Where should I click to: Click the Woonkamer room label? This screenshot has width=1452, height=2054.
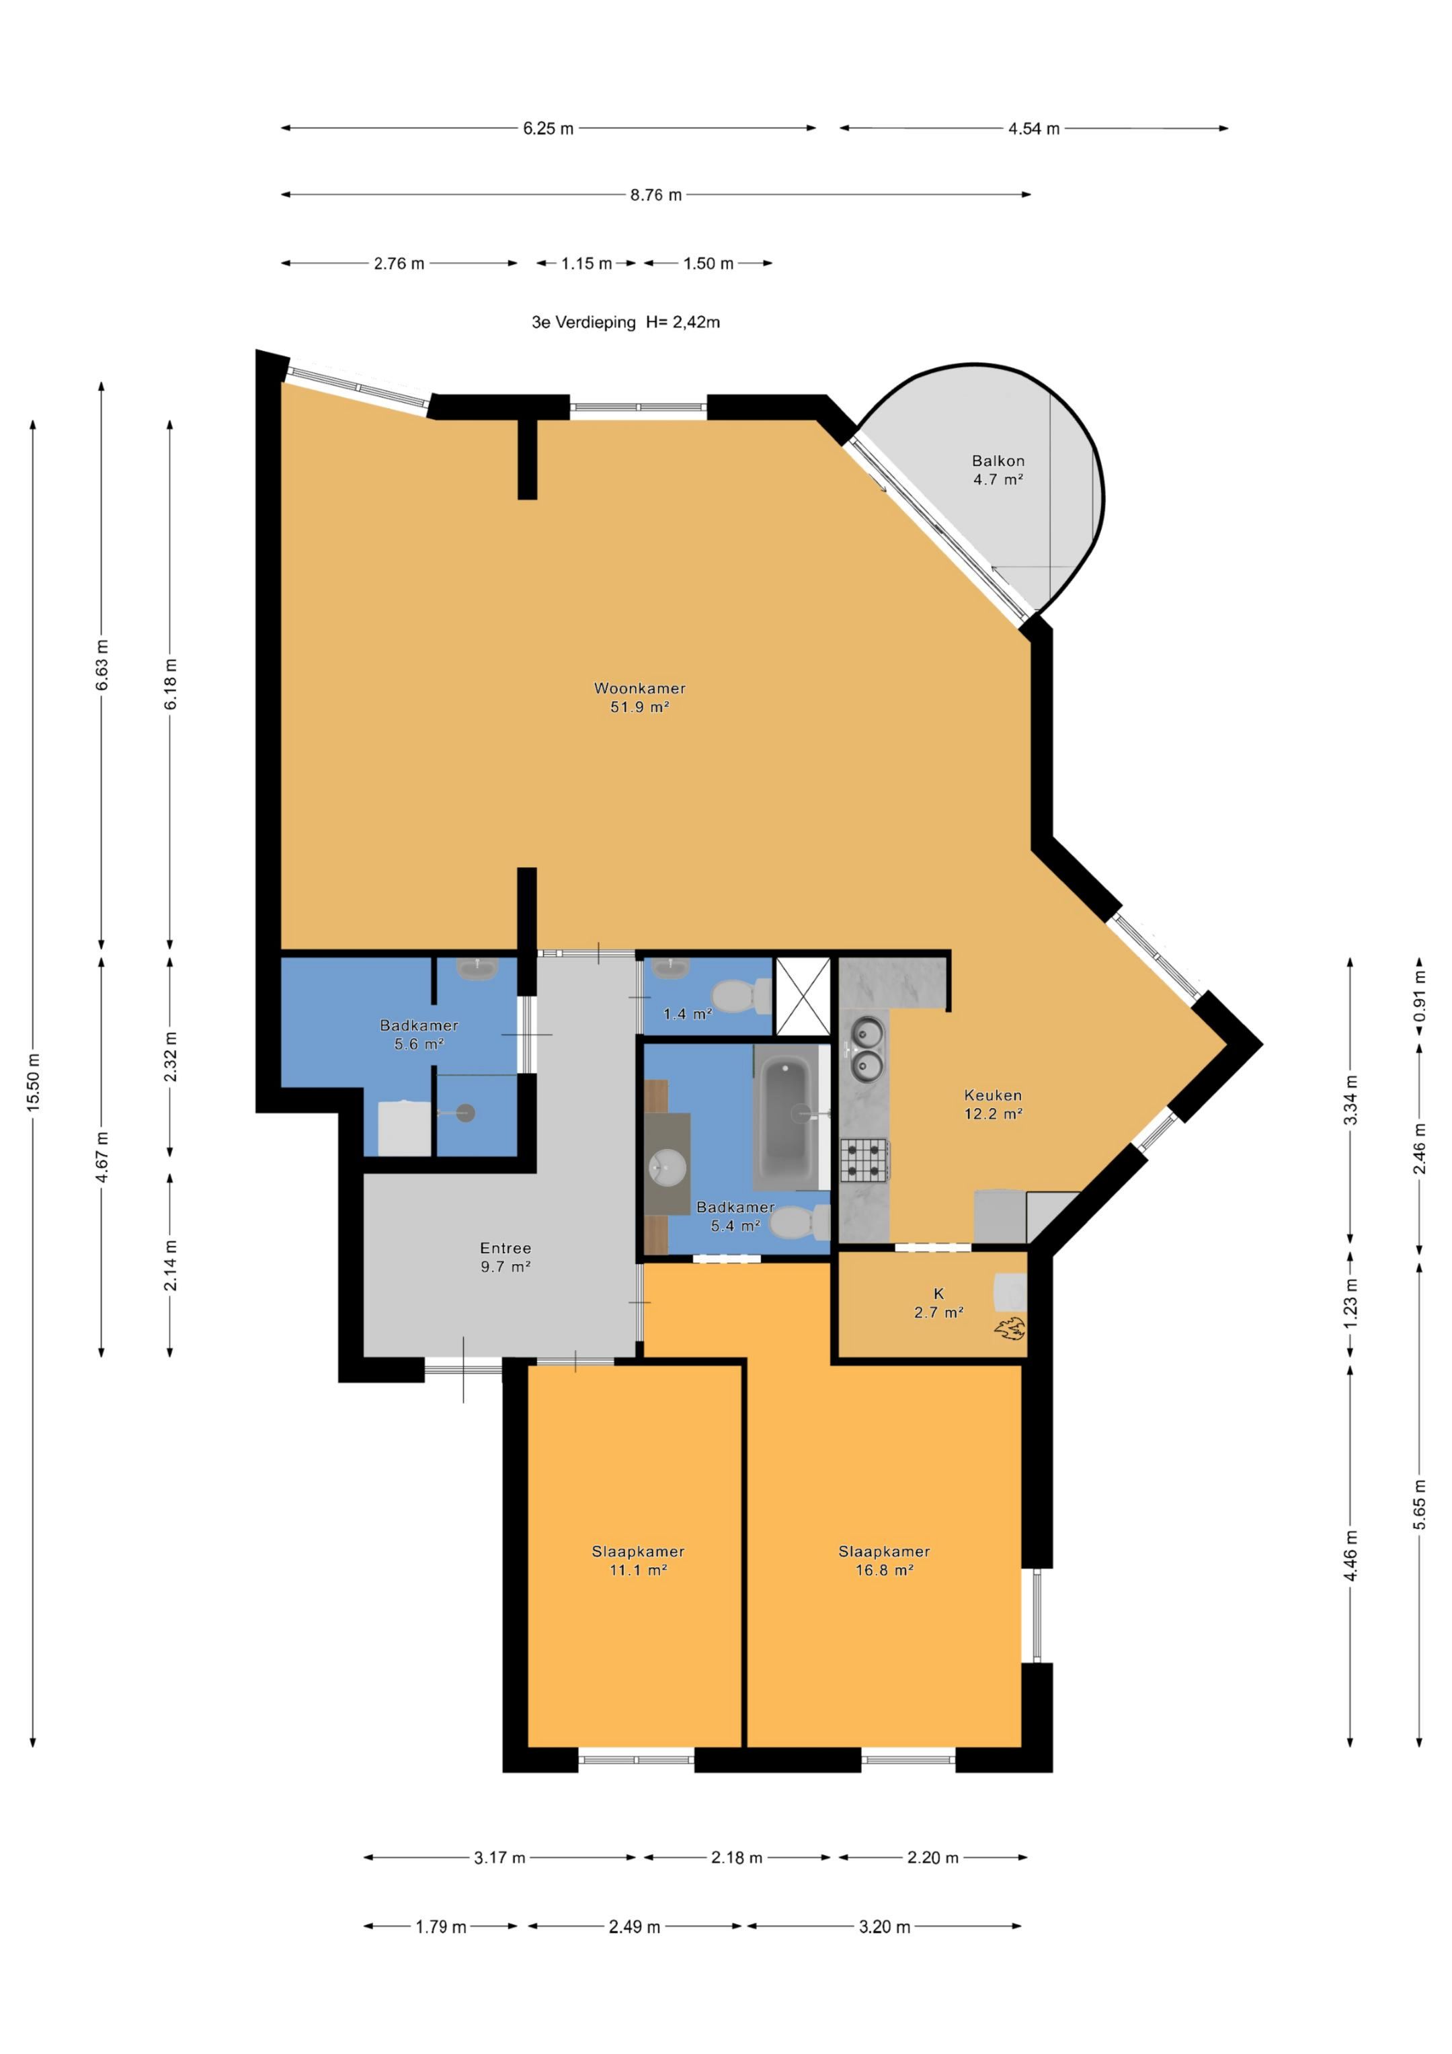tap(640, 688)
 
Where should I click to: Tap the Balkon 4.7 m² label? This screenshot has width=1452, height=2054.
tap(998, 471)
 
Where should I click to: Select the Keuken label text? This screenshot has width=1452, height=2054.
tap(993, 1095)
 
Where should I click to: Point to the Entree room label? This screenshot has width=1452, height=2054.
tap(506, 1248)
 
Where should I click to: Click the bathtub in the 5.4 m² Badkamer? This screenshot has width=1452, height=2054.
tap(787, 1117)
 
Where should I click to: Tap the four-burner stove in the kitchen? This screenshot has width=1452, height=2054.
tap(864, 1161)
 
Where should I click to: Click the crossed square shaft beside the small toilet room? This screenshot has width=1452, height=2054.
tap(803, 996)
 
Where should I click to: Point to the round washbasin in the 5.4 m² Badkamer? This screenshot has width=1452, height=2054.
tap(666, 1167)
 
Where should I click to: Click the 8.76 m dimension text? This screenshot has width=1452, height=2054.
tap(656, 195)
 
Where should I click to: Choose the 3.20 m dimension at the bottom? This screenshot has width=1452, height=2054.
tap(884, 1927)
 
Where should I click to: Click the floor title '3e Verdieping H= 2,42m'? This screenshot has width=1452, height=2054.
tap(625, 322)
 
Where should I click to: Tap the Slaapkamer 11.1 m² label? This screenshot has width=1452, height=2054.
tap(638, 1561)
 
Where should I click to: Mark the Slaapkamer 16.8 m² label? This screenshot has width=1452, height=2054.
tap(884, 1561)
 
